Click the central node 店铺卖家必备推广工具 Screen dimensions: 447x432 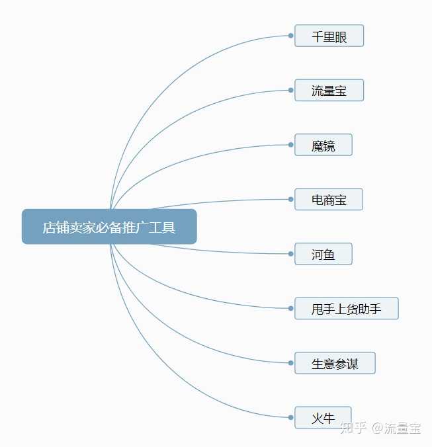pos(109,227)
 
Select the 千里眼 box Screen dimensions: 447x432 pos(329,36)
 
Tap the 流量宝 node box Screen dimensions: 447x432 pos(329,91)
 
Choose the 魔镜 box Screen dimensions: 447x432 pos(323,145)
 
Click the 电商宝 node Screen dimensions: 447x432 pos(329,199)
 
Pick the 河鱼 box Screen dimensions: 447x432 pos(323,254)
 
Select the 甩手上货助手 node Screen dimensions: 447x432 pos(346,308)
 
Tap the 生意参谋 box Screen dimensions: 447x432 pos(335,363)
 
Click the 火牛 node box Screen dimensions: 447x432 pos(323,417)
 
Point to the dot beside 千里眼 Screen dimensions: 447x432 pos(291,36)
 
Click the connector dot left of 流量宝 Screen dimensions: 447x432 pos(291,91)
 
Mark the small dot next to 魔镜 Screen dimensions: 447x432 pos(291,145)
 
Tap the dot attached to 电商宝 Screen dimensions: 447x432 pos(291,199)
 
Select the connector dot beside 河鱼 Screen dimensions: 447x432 pos(291,254)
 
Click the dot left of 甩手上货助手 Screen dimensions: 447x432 pos(291,308)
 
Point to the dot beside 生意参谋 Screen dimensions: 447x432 pos(291,363)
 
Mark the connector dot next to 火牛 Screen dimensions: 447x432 pos(291,417)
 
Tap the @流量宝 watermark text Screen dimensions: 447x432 pos(396,428)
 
